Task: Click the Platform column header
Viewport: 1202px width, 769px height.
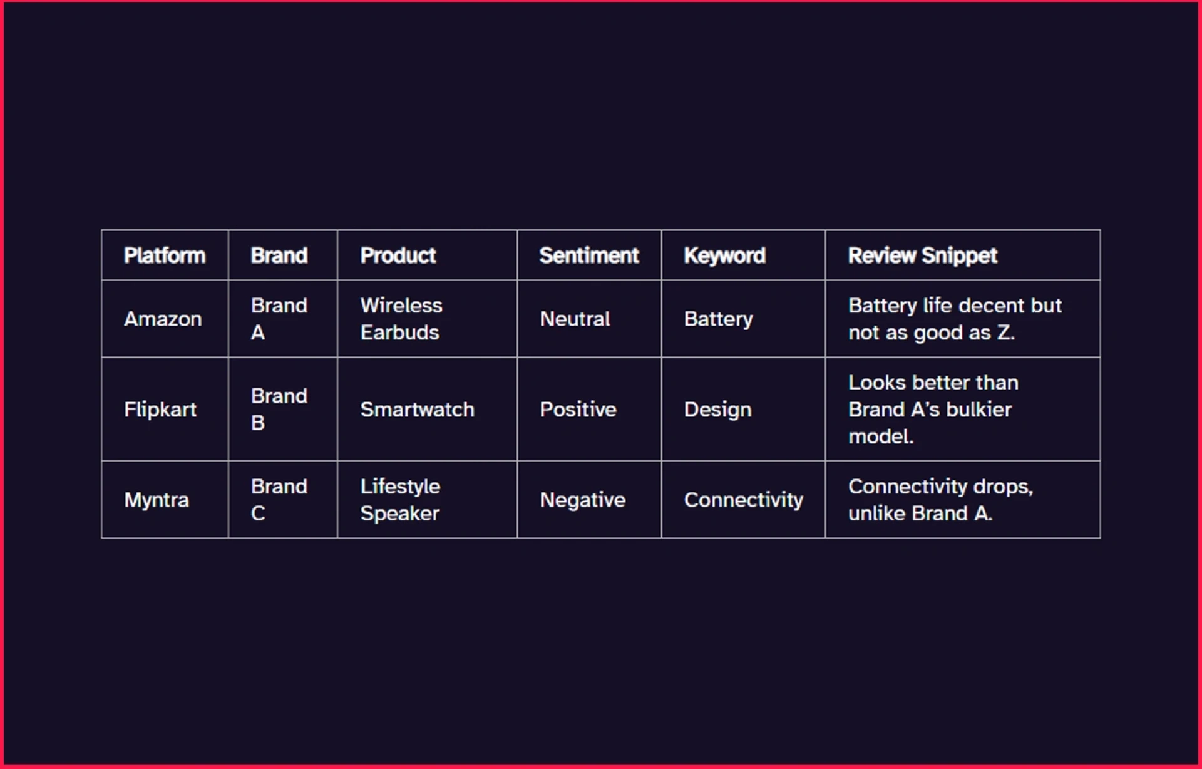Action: point(165,255)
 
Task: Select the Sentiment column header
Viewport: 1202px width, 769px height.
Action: point(588,255)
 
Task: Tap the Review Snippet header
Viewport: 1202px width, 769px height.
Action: point(922,255)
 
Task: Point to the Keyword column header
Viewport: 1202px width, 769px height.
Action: point(724,255)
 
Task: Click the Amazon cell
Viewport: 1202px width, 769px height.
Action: point(163,319)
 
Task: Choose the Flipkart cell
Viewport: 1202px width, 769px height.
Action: point(160,410)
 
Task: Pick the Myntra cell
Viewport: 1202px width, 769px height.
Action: point(157,500)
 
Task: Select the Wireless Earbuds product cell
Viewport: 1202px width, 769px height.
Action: point(401,319)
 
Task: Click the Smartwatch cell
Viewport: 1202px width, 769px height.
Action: point(417,410)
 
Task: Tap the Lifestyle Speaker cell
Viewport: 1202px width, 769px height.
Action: point(400,500)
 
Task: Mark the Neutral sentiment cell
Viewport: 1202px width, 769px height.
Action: point(575,319)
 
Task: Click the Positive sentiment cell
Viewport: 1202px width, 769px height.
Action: point(578,410)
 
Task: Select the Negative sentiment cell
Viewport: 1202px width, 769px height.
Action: point(582,500)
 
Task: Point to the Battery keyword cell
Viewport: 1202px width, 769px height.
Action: point(718,319)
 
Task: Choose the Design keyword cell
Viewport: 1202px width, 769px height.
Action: point(717,410)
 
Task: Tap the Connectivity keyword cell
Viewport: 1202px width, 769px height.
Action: point(743,500)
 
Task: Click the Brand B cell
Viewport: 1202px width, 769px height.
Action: point(279,410)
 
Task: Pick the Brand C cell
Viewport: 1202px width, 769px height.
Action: point(279,500)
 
